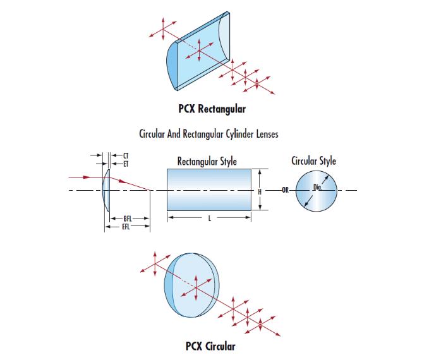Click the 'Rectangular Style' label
207,162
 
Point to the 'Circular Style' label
313,161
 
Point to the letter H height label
260,191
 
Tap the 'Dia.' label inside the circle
318,186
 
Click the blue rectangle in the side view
208,190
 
